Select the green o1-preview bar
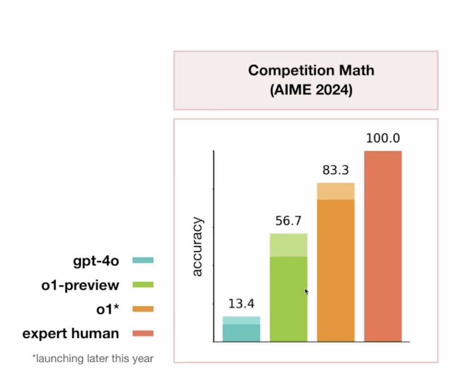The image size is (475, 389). point(288,290)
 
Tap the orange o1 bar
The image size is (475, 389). point(336,266)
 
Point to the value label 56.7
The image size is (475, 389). point(288,221)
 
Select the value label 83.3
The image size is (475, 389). point(336,170)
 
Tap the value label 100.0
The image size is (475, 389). point(383,139)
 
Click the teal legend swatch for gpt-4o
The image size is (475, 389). point(143,260)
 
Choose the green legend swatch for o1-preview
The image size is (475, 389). point(143,285)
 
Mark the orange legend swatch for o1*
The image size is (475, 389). point(143,309)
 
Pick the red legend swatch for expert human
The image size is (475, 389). point(143,333)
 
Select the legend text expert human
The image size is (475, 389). point(71,333)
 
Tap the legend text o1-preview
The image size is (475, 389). point(80,285)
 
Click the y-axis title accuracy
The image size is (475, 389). point(197,247)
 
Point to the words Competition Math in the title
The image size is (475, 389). point(311,71)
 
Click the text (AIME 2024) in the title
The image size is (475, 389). point(311,90)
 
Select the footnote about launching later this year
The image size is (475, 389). point(93,359)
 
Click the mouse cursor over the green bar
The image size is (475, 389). point(306,291)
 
